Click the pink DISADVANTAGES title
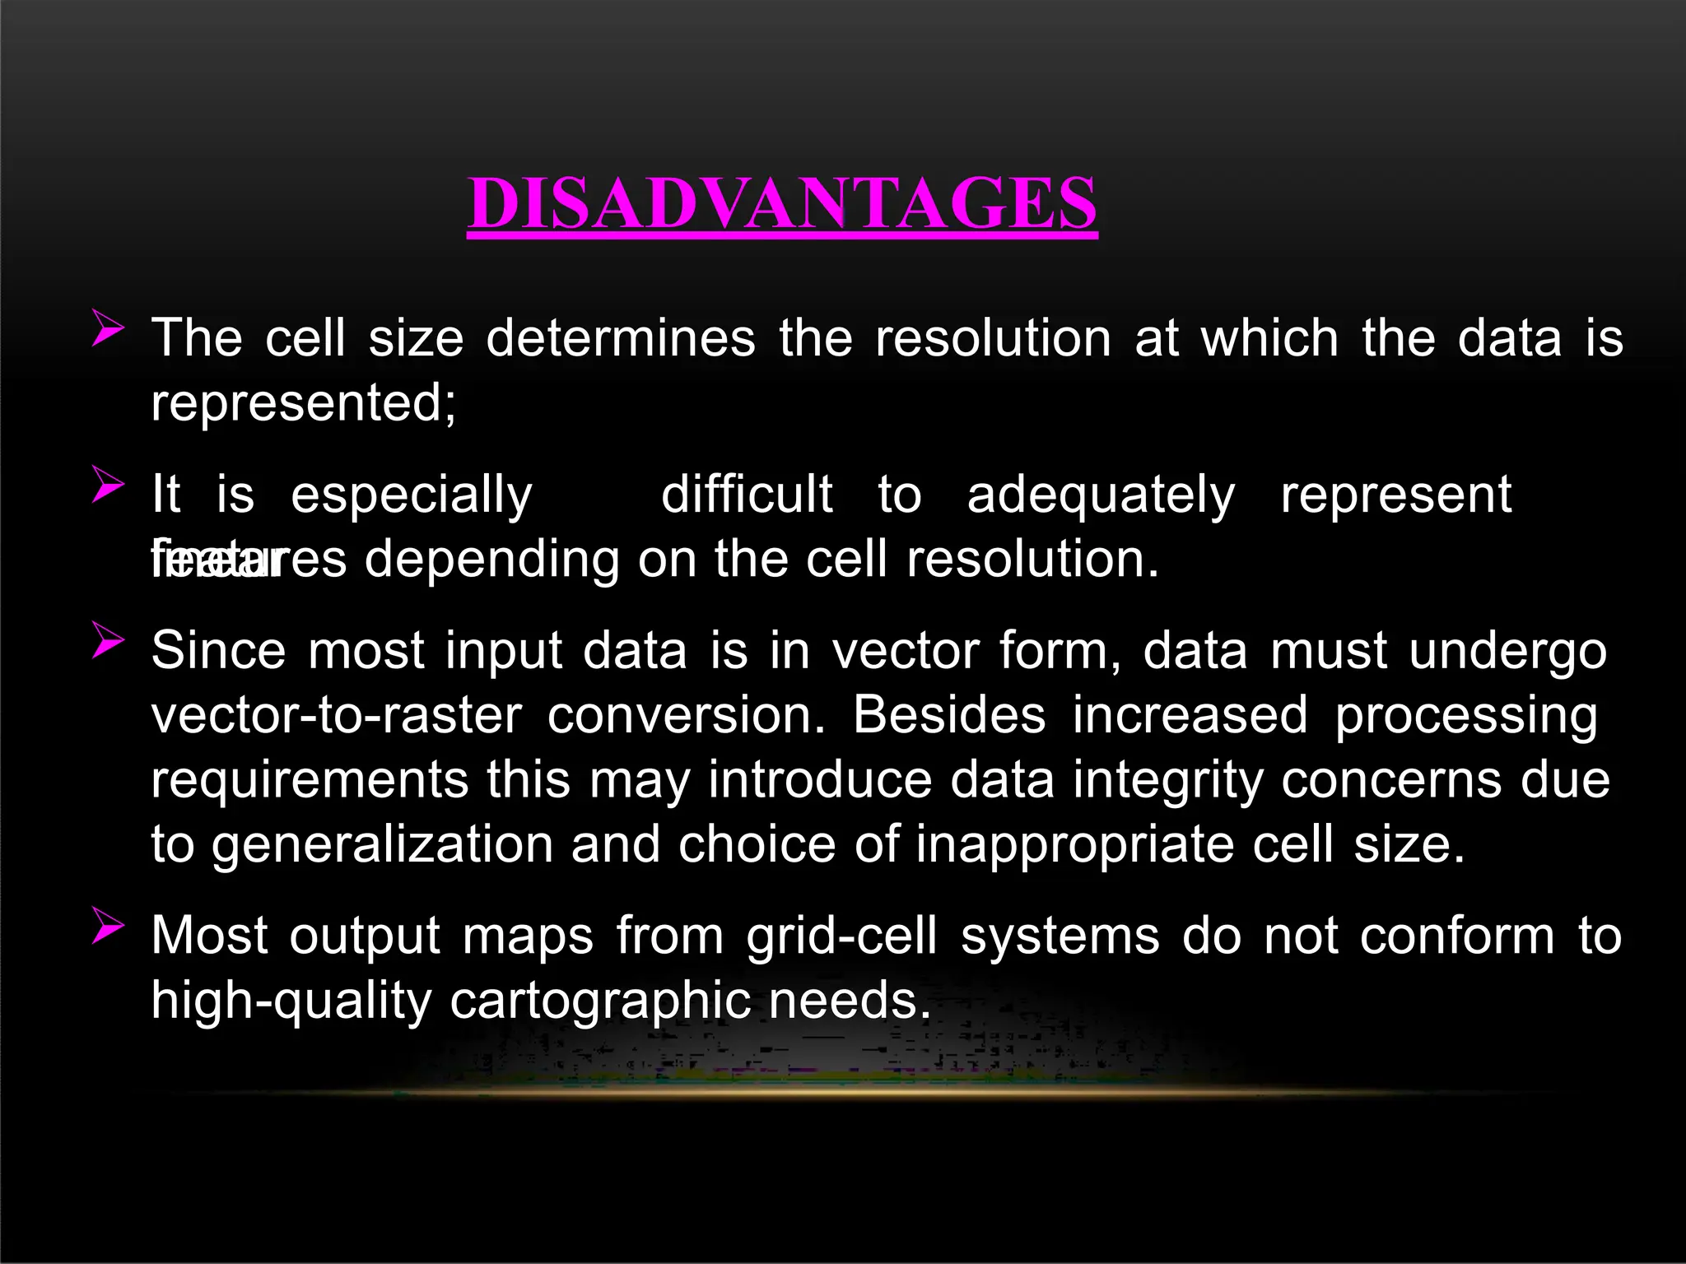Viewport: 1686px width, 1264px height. point(782,203)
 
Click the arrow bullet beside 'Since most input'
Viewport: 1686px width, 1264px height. point(107,639)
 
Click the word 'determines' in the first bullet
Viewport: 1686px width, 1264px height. point(621,338)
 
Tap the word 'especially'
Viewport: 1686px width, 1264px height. point(412,496)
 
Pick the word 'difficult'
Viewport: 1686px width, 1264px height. point(747,495)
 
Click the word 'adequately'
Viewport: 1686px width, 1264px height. point(1101,496)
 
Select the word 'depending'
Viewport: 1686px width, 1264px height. point(491,561)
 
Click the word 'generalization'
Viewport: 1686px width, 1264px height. point(382,845)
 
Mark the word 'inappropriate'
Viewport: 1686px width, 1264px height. point(1074,847)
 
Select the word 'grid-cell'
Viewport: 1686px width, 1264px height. point(842,937)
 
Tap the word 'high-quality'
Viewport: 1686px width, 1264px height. point(291,1002)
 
